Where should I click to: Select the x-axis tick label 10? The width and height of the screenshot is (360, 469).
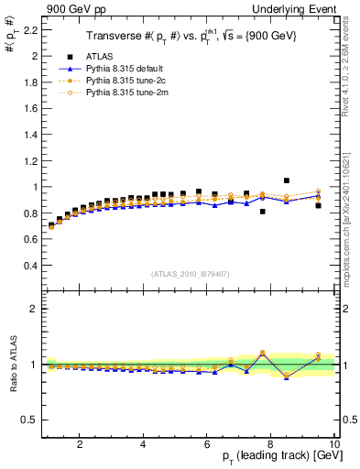334,444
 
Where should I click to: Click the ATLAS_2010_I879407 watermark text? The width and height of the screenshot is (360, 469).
189,273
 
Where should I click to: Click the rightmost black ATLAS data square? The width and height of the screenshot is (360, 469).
318,205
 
